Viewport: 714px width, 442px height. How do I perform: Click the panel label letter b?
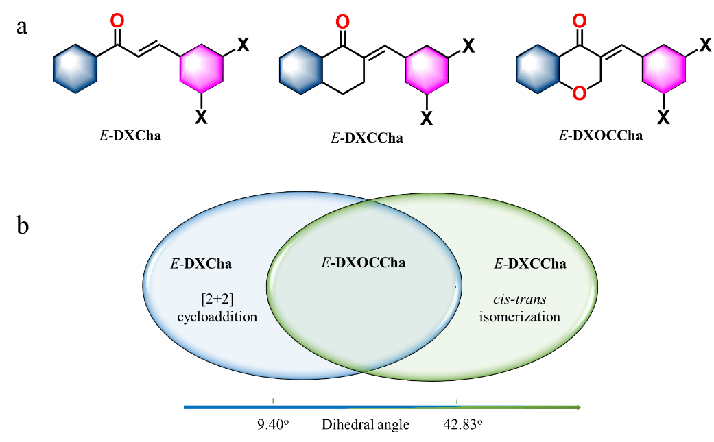pyautogui.click(x=23, y=227)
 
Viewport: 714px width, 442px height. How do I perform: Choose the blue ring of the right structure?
pyautogui.click(x=538, y=69)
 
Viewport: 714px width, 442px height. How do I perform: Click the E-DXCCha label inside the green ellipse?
pyautogui.click(x=530, y=263)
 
